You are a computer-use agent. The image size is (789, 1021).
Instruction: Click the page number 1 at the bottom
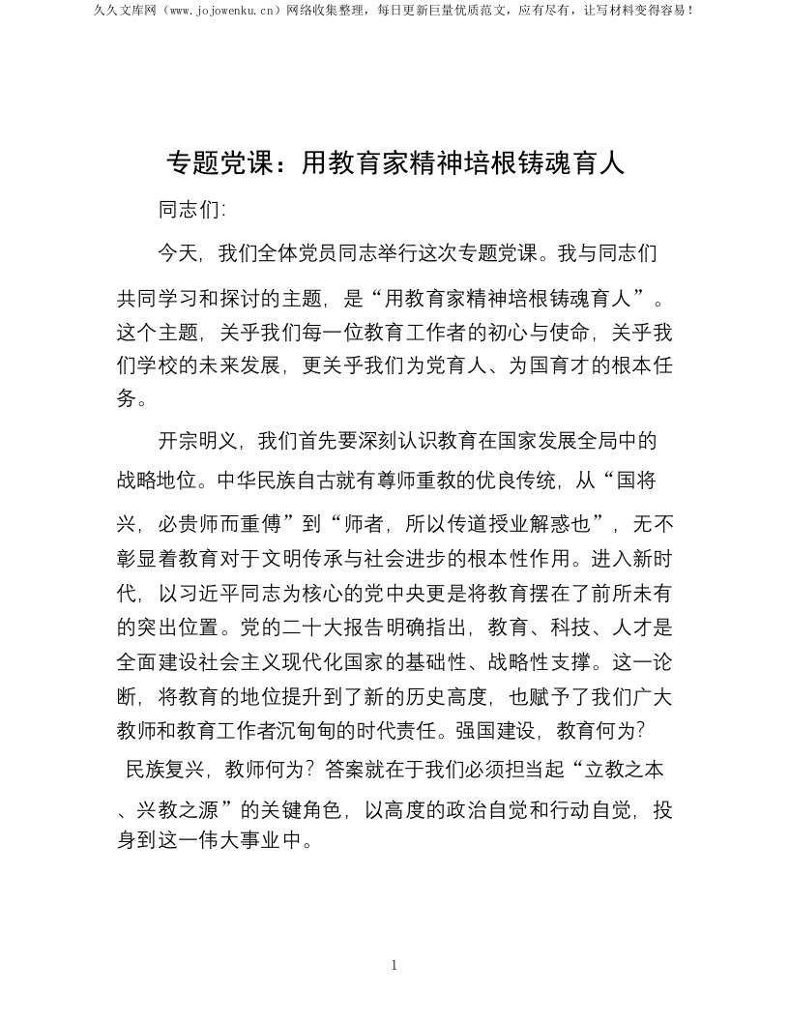[394, 964]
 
